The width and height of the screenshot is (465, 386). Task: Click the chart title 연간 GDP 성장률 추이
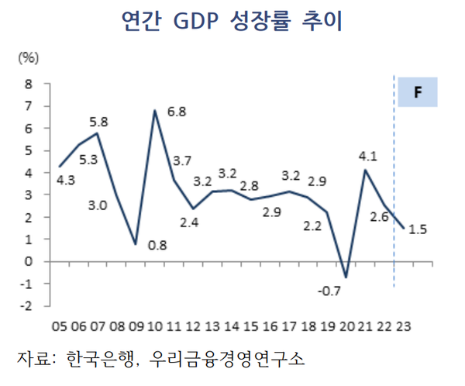232,21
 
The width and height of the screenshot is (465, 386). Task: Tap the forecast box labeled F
418,92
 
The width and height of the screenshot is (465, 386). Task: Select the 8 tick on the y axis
29,83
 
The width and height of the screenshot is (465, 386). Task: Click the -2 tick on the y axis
28,305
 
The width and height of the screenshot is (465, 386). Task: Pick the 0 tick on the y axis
29,261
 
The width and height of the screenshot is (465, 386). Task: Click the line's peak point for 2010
155,110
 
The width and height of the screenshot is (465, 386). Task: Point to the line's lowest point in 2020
346,277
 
